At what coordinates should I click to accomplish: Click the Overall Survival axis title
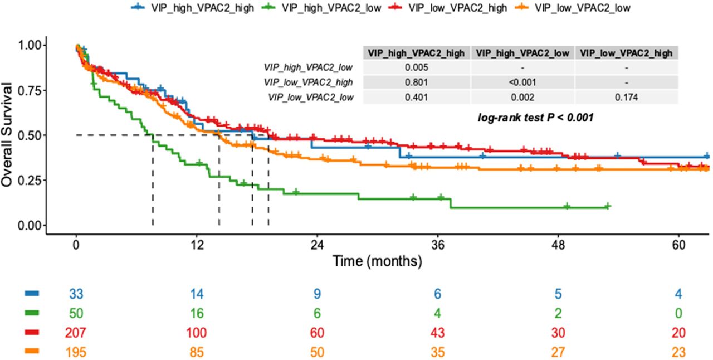(x=8, y=135)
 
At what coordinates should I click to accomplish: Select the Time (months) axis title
(x=377, y=260)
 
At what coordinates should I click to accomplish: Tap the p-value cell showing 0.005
(x=417, y=68)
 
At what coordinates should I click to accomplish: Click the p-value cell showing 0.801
(x=417, y=82)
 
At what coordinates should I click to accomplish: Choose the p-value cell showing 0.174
(x=627, y=97)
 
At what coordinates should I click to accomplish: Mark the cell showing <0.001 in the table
(x=522, y=82)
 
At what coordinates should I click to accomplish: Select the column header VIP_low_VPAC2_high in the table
(x=627, y=53)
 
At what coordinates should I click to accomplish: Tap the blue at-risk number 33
(x=76, y=294)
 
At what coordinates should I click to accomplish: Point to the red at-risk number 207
(x=76, y=333)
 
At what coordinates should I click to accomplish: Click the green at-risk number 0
(x=678, y=313)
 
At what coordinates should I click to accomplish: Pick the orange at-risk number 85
(x=197, y=352)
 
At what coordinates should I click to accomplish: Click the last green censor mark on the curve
(x=608, y=206)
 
